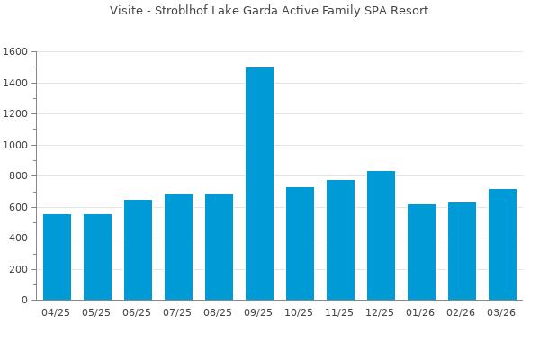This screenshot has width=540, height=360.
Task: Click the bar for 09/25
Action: pyautogui.click(x=259, y=184)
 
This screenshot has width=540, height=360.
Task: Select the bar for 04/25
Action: pyautogui.click(x=57, y=257)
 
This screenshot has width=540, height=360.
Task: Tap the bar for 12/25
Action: pyautogui.click(x=381, y=236)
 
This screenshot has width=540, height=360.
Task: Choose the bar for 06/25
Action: pyautogui.click(x=138, y=250)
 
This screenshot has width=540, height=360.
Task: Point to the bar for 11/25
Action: pyautogui.click(x=340, y=240)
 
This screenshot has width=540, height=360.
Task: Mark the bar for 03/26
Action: pyautogui.click(x=502, y=245)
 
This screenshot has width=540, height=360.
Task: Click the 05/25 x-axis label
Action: pyautogui.click(x=97, y=312)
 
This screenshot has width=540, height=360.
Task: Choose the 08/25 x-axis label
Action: pyautogui.click(x=219, y=312)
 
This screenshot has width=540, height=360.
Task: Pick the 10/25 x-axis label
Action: pyautogui.click(x=300, y=312)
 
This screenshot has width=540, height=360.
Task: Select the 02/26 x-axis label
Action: pyautogui.click(x=462, y=312)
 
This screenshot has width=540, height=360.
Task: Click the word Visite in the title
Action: pyautogui.click(x=126, y=11)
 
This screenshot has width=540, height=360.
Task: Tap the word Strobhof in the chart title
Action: pyautogui.click(x=183, y=11)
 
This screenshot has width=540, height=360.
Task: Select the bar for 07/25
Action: pyautogui.click(x=178, y=247)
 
